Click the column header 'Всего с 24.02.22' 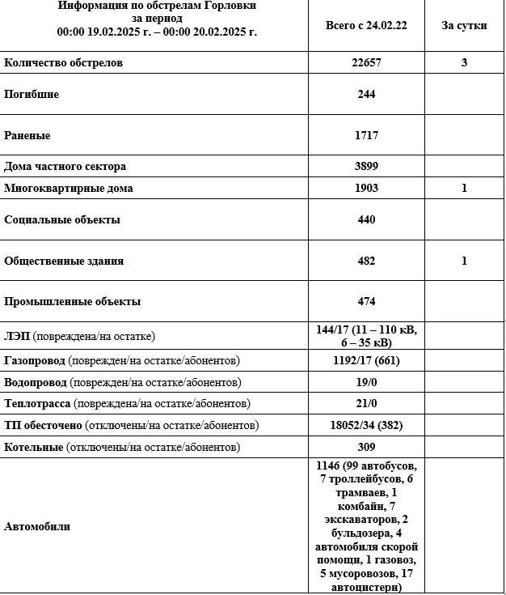click(365, 25)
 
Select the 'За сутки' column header click(464, 25)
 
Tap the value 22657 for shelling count click(366, 62)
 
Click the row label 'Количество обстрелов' click(64, 62)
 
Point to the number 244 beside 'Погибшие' click(366, 94)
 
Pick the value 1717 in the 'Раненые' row click(366, 135)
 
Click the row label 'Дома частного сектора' click(65, 166)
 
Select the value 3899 click(366, 166)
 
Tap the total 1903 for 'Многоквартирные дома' click(366, 188)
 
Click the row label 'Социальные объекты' click(62, 219)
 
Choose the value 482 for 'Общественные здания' click(366, 261)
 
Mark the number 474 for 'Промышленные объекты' click(366, 301)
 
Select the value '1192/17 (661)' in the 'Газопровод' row click(366, 360)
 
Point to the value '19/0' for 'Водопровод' click(366, 382)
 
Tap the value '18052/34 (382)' click(366, 425)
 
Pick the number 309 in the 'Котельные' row click(366, 447)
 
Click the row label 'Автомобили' click(37, 526)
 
